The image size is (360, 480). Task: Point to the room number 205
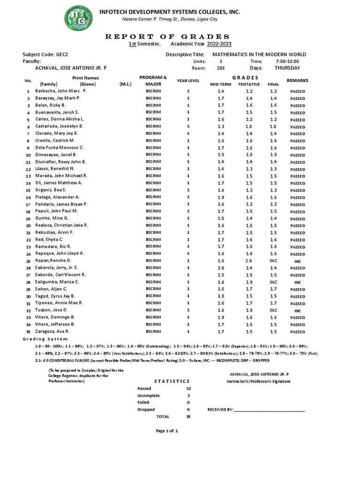(x=221, y=67)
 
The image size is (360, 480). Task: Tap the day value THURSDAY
(x=288, y=67)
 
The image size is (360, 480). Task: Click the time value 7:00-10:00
(x=288, y=61)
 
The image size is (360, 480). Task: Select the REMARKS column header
(x=297, y=81)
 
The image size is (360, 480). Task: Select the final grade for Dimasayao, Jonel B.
(x=273, y=154)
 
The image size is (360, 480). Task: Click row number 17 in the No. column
(x=28, y=205)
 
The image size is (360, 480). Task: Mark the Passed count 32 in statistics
(x=188, y=389)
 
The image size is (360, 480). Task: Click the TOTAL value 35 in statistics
(x=188, y=416)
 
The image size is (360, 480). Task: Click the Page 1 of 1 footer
(x=166, y=430)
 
